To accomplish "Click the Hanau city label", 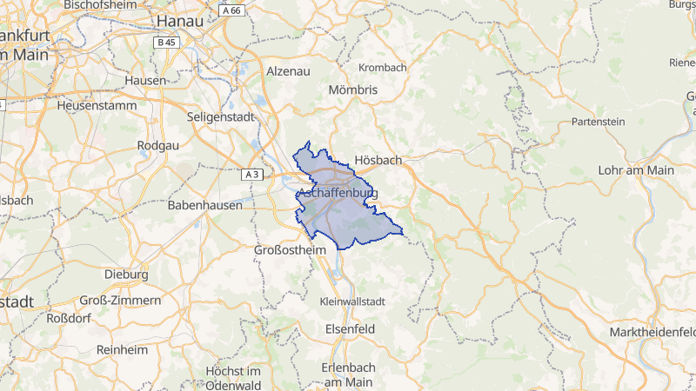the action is [x=181, y=20].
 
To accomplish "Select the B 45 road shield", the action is [x=165, y=42].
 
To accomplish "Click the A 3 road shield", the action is [x=252, y=175].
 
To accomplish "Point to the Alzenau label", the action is [x=288, y=70].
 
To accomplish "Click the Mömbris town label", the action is [x=354, y=89].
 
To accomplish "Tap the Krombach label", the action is [x=383, y=67].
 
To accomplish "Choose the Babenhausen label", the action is [x=207, y=207].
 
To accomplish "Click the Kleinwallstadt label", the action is [x=353, y=301].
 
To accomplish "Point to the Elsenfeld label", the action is [x=349, y=330].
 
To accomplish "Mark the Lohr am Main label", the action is [x=636, y=170].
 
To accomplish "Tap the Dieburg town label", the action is [x=126, y=274].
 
